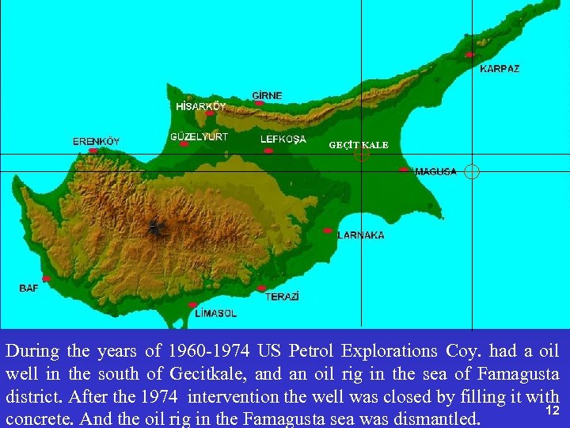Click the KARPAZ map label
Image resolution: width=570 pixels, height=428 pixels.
click(x=500, y=69)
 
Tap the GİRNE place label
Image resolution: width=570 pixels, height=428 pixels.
click(x=267, y=95)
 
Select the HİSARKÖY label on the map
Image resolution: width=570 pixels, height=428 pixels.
click(x=200, y=105)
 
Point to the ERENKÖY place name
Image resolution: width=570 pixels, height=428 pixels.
click(x=96, y=141)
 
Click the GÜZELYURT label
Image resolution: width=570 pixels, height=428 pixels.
click(x=199, y=136)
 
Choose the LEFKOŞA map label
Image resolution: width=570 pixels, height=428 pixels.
click(x=283, y=139)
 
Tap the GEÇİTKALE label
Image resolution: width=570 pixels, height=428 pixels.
click(x=359, y=145)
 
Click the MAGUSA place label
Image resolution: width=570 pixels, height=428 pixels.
click(x=435, y=171)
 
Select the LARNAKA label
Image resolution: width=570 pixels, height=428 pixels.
click(x=361, y=235)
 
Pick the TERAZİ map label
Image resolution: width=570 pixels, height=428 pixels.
click(x=282, y=296)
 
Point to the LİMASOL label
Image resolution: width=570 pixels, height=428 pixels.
click(x=215, y=313)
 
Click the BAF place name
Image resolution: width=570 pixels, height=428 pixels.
click(x=28, y=288)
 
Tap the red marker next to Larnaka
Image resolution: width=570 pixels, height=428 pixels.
click(x=328, y=231)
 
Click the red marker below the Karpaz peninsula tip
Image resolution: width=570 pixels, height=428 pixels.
click(x=469, y=55)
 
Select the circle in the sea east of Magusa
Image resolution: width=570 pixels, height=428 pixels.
click(x=472, y=171)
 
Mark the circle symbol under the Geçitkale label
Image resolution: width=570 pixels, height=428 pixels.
click(x=362, y=155)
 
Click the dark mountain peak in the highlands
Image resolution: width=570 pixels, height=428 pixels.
click(x=153, y=227)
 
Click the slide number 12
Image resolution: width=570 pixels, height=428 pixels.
click(x=553, y=410)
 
